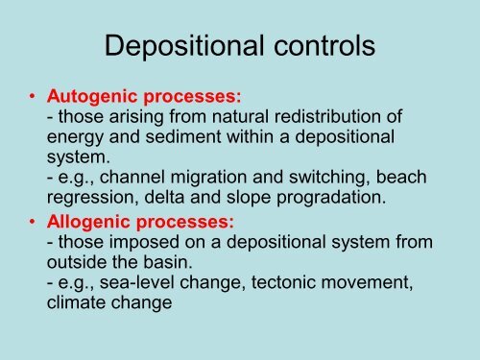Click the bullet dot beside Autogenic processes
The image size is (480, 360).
coord(34,97)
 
